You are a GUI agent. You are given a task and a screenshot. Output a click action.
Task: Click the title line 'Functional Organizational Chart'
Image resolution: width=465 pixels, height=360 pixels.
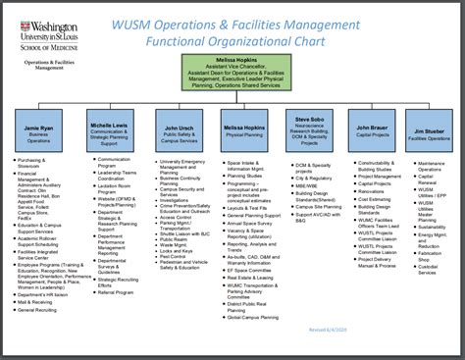(x=235, y=42)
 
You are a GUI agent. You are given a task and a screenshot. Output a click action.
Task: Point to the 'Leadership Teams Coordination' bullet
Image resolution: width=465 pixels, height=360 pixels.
(x=118, y=175)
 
